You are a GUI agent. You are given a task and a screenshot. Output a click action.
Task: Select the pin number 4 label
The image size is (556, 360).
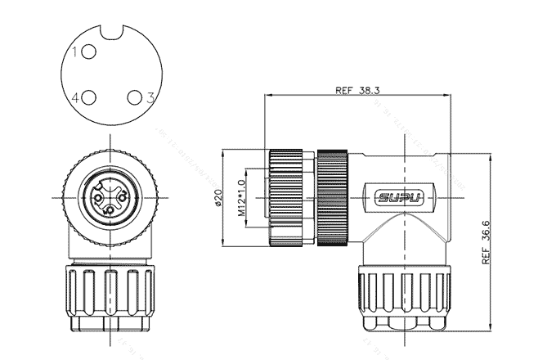point(75,98)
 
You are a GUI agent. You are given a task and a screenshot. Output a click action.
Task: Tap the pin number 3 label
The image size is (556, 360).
point(150,98)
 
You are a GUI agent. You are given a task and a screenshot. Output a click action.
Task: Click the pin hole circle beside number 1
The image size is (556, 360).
point(88,52)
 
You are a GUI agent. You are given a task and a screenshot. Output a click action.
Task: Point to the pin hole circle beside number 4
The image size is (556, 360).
point(88,98)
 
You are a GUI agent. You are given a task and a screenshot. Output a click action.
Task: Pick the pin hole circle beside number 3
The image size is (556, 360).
point(134,98)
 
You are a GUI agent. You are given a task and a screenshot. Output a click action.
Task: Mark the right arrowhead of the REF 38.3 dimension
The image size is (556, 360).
point(449,97)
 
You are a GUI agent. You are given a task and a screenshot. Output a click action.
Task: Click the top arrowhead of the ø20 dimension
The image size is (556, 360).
point(226,152)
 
